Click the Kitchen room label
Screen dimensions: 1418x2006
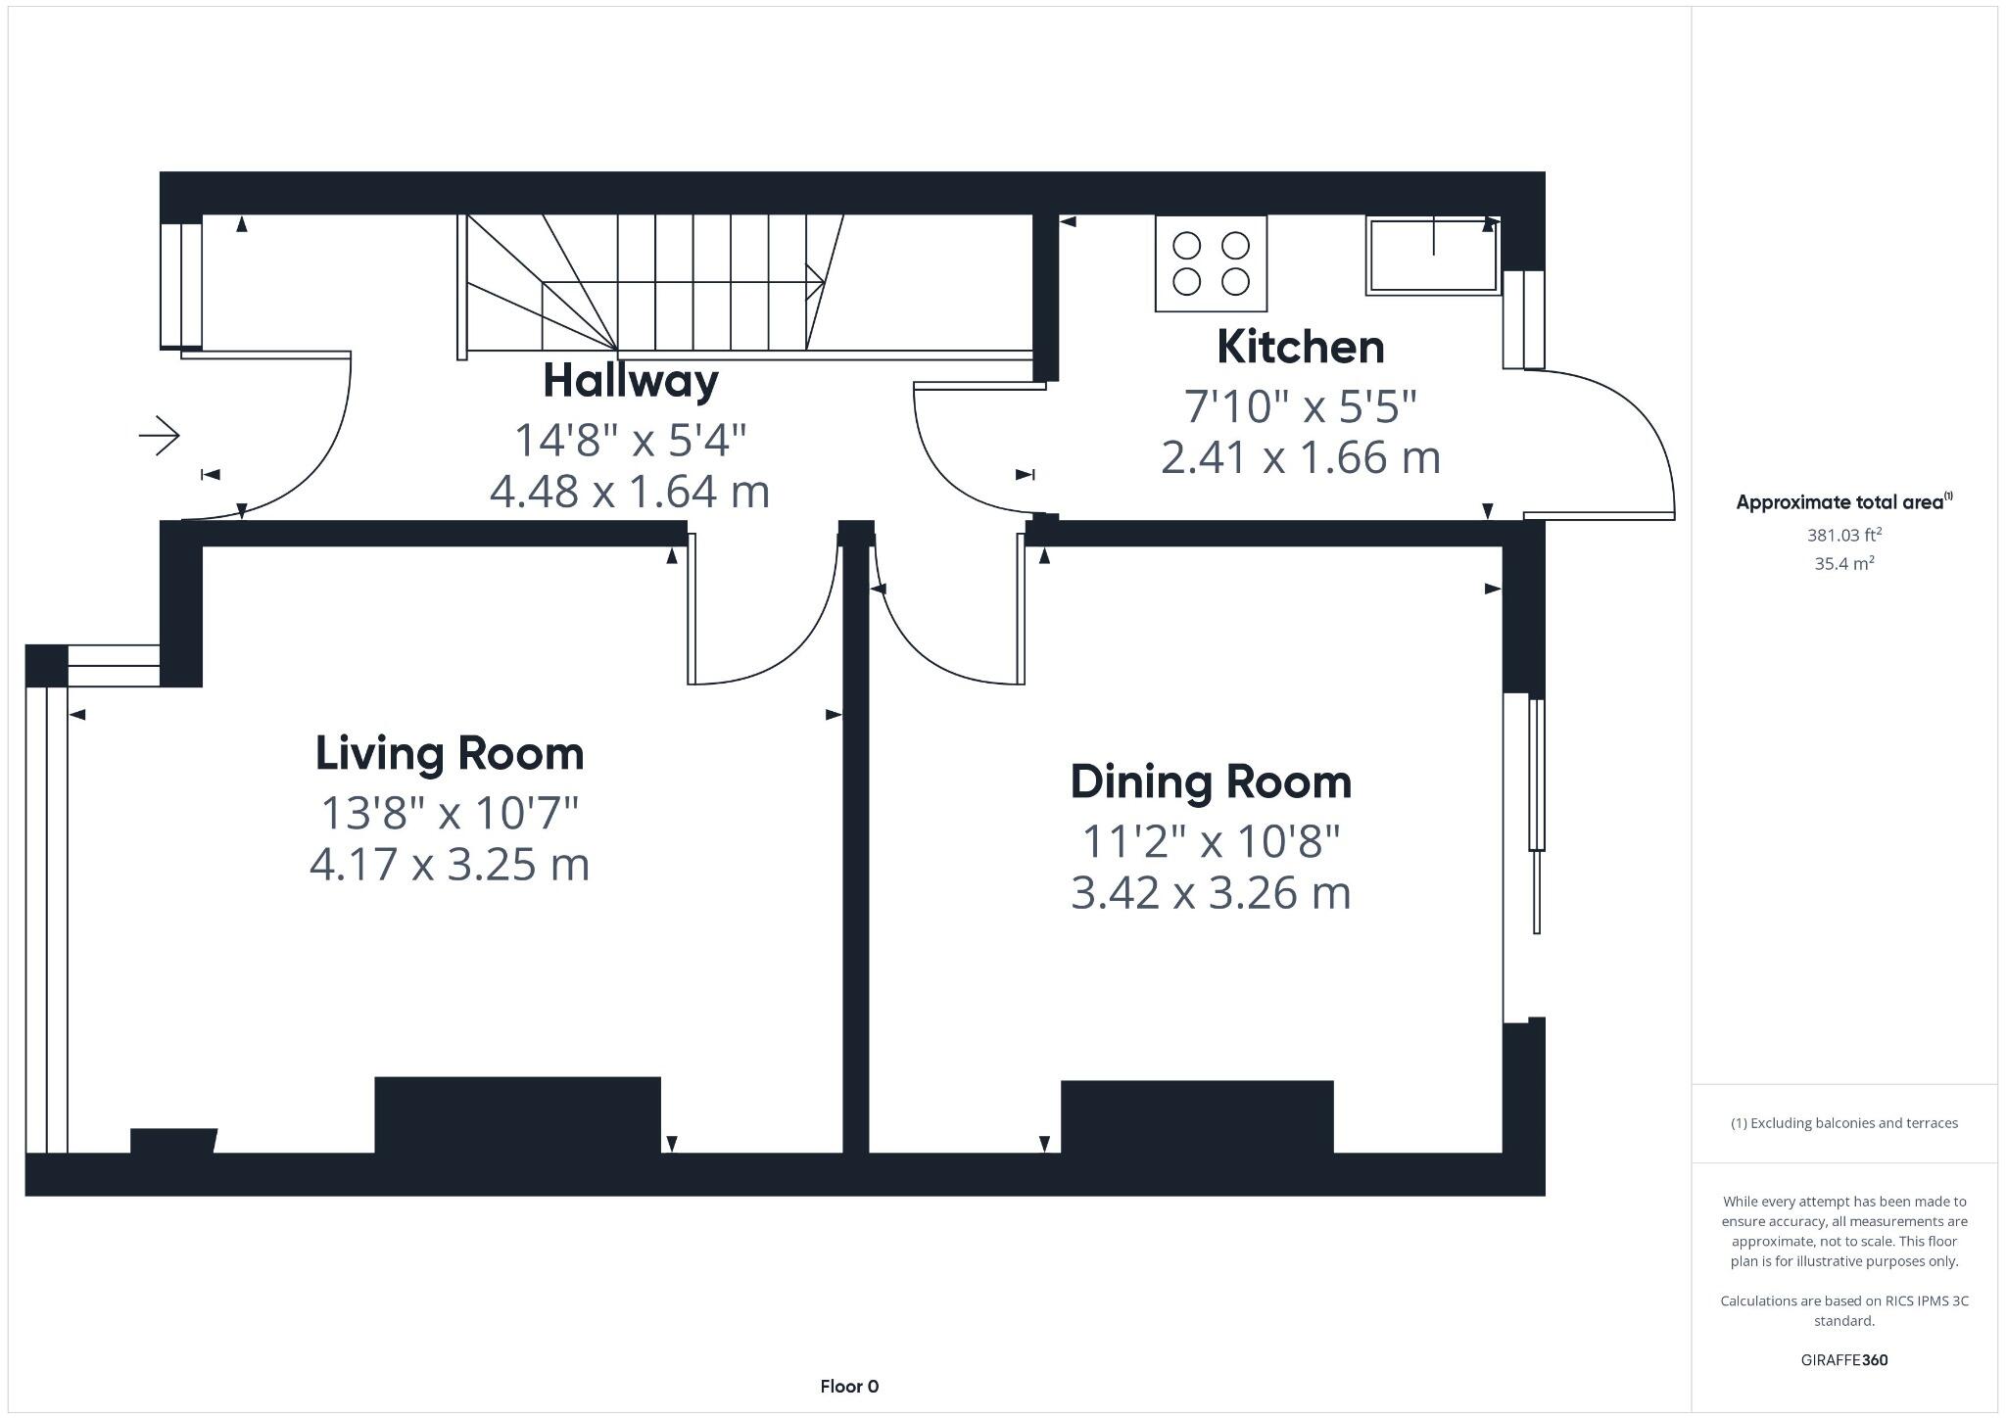(x=1300, y=348)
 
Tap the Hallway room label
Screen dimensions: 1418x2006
(x=631, y=381)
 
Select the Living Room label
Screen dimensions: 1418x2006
(x=450, y=753)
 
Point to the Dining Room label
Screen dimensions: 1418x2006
(x=1211, y=781)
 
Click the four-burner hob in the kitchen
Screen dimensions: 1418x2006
(x=1211, y=263)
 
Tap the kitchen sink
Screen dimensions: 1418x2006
(x=1433, y=256)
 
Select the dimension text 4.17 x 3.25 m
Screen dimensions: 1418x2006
(x=450, y=865)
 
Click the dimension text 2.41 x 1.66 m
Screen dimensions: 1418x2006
(x=1300, y=457)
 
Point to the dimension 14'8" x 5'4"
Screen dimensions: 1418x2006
(x=631, y=440)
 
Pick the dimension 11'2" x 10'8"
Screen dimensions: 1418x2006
(x=1211, y=840)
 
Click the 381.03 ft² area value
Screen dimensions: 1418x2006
(x=1844, y=535)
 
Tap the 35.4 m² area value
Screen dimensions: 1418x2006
(x=1844, y=563)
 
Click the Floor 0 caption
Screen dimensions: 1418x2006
(x=849, y=1386)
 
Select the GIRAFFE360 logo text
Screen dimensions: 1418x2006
(x=1844, y=1360)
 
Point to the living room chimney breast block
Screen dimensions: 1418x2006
(x=517, y=1114)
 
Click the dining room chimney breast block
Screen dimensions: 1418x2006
(x=1197, y=1116)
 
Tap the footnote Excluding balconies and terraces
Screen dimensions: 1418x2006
(x=1844, y=1123)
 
